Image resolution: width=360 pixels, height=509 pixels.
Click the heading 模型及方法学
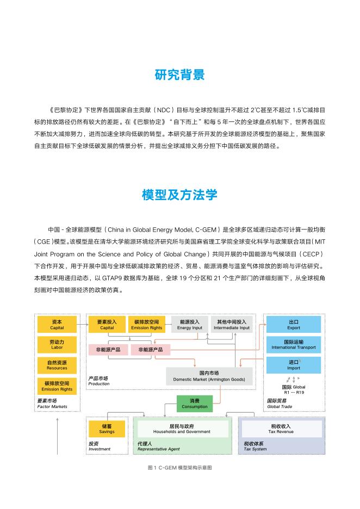tap(179, 194)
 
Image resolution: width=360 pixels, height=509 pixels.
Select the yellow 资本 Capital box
tap(57, 325)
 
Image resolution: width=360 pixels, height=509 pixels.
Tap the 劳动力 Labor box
tap(57, 344)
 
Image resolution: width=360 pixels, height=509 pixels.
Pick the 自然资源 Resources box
tap(57, 365)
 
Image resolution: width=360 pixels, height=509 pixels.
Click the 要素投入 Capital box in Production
tap(107, 325)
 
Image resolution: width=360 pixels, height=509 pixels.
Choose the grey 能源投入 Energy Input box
tap(189, 325)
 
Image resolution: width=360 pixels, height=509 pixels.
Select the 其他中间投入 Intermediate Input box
tap(232, 325)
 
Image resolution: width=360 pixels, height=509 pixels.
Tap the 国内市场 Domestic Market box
tap(209, 376)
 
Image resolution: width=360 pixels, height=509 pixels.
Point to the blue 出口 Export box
tap(294, 325)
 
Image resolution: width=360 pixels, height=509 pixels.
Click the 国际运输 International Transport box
tap(294, 344)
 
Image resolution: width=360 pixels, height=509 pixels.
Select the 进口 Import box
tap(294, 365)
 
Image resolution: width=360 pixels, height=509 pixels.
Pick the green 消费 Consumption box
tap(194, 404)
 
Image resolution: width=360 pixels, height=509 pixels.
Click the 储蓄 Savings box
tap(107, 429)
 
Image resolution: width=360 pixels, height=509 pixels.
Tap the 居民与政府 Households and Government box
tap(182, 429)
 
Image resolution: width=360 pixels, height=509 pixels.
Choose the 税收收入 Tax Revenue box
tap(281, 429)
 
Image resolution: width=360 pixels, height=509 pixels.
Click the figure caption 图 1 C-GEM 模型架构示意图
tap(179, 467)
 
